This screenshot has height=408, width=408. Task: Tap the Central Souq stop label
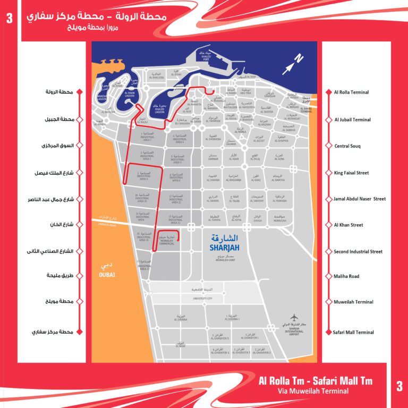click(349, 146)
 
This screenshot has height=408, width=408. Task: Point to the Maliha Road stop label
click(347, 276)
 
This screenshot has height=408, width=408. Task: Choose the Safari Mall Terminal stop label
click(354, 332)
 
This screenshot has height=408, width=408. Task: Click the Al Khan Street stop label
click(349, 225)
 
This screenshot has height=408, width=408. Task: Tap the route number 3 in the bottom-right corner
click(399, 386)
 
